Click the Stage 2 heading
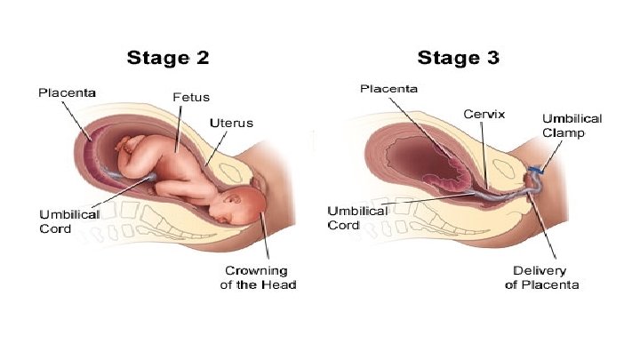click(x=170, y=60)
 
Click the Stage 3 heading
click(x=458, y=60)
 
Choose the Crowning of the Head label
click(x=258, y=278)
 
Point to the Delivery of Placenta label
click(x=542, y=277)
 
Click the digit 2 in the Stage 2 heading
click(x=202, y=60)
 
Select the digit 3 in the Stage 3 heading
click(x=490, y=60)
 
